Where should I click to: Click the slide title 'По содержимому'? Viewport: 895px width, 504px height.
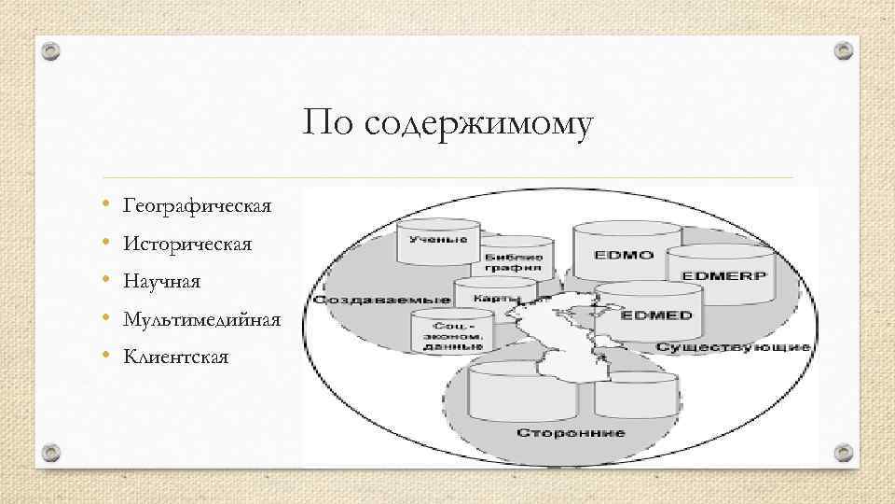pyautogui.click(x=447, y=124)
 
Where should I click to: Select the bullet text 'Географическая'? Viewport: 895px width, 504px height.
pyautogui.click(x=197, y=205)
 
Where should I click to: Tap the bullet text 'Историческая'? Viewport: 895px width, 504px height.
pyautogui.click(x=187, y=244)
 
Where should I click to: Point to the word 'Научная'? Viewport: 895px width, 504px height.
pyautogui.click(x=161, y=281)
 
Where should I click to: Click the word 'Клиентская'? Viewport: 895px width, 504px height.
pyautogui.click(x=175, y=357)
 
